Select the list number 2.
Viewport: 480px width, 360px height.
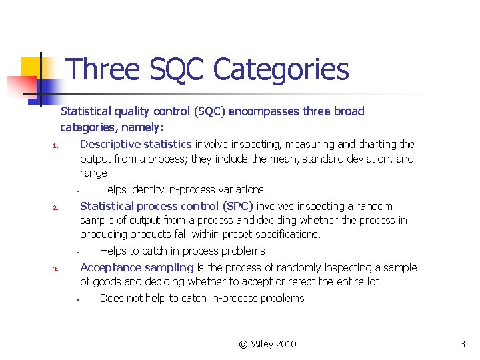(57, 208)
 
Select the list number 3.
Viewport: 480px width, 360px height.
(57, 269)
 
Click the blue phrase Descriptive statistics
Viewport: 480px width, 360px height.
(136, 144)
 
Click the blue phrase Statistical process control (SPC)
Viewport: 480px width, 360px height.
(167, 206)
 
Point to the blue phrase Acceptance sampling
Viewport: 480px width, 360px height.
(137, 267)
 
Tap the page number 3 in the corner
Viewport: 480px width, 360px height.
(463, 344)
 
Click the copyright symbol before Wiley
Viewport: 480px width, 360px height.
(243, 344)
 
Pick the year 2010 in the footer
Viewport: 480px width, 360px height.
(285, 344)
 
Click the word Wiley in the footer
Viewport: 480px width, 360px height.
(261, 344)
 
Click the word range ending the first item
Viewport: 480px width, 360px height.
(93, 173)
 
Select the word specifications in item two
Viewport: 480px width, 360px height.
(288, 234)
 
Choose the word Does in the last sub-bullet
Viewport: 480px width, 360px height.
(111, 298)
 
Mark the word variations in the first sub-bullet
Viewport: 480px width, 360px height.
(239, 190)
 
